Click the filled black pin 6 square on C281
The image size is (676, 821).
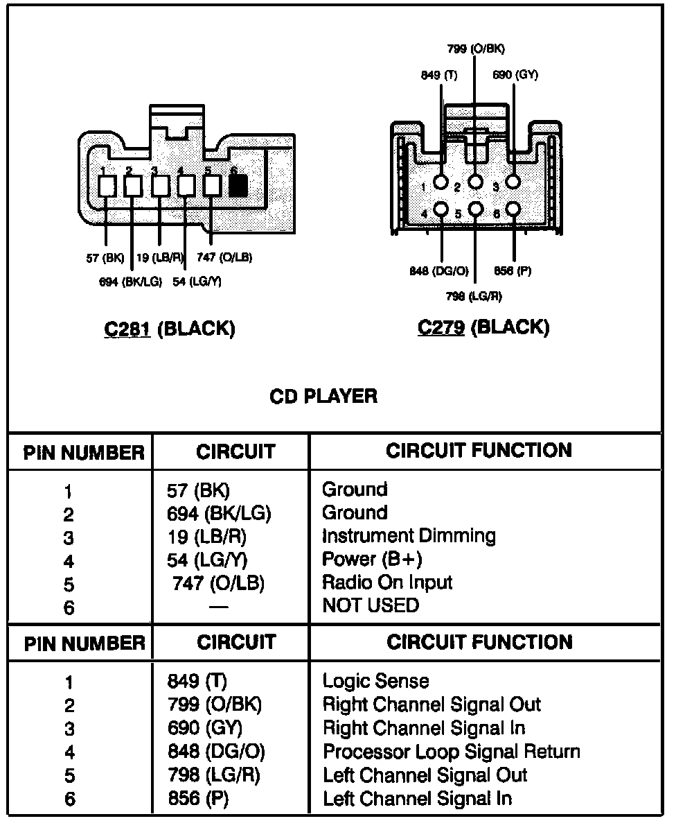tap(238, 185)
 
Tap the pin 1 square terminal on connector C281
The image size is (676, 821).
tap(107, 185)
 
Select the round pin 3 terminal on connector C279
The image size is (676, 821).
tap(513, 182)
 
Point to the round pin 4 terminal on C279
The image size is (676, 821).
tap(441, 209)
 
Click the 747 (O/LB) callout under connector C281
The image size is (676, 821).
tap(224, 258)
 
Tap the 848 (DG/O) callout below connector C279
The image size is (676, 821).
tap(439, 271)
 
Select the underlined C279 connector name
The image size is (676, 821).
tap(441, 327)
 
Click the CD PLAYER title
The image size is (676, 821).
tap(323, 397)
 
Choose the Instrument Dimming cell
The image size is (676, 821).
tap(409, 536)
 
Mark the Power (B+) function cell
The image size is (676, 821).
tap(372, 559)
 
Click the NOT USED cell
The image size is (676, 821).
tap(371, 605)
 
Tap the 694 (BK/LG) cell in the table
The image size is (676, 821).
tap(219, 513)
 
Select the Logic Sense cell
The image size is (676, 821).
tap(375, 682)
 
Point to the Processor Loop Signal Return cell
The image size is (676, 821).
tap(451, 752)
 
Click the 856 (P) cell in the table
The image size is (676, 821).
tap(198, 799)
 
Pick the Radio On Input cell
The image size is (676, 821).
tap(387, 582)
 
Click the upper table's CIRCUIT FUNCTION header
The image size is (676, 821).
tap(479, 451)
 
